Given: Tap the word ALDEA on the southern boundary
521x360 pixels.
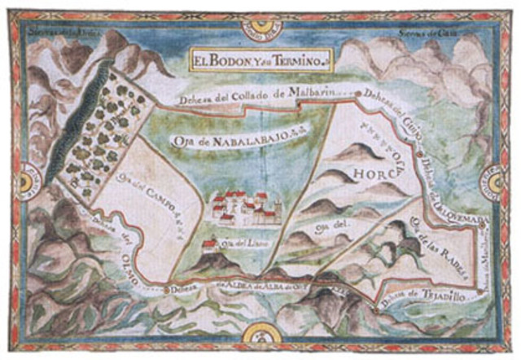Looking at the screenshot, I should tap(241, 286).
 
